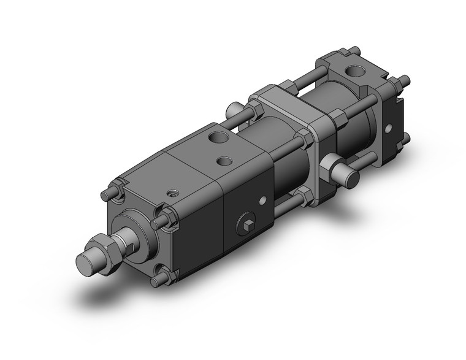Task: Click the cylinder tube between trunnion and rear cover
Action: [x=357, y=123]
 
